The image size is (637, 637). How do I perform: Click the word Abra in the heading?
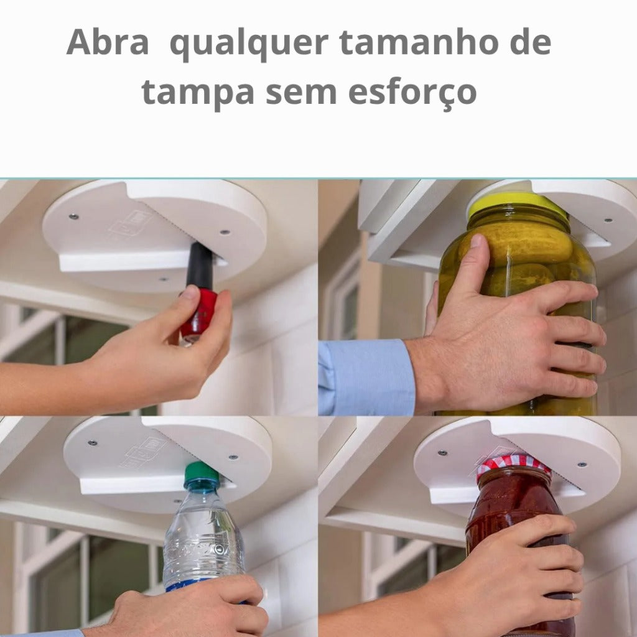[x=108, y=42]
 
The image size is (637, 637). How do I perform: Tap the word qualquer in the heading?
[x=249, y=44]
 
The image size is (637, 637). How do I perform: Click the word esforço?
[x=412, y=93]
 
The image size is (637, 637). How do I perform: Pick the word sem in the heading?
[x=301, y=95]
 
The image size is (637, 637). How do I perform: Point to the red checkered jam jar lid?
[x=513, y=465]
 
